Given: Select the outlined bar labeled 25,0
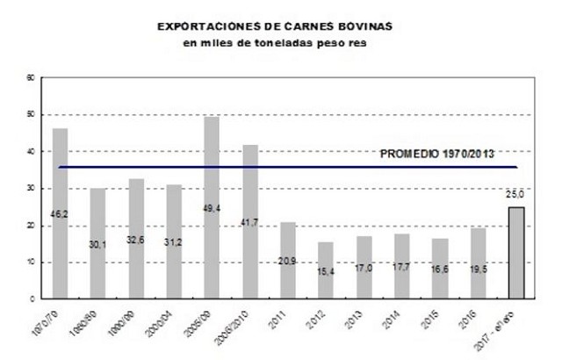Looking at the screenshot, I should (516, 253).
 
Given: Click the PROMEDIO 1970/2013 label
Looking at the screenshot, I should (436, 154).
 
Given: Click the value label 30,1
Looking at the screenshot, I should (98, 245).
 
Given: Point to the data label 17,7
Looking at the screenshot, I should (402, 266).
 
